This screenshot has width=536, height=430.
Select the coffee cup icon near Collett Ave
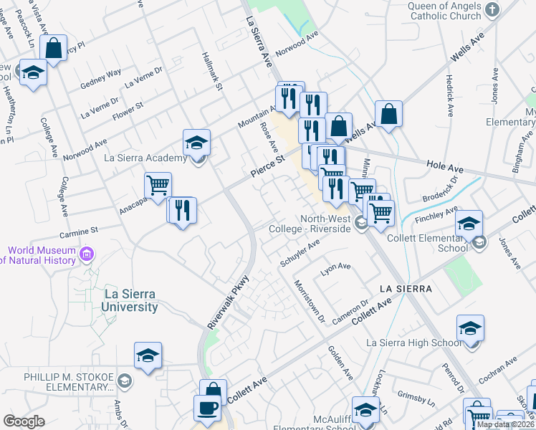point(207,407)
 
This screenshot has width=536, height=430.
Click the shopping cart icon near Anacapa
point(158,186)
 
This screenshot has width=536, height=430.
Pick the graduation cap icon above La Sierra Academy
point(196,141)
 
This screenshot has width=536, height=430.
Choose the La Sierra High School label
point(412,343)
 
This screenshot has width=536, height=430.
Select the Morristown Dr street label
point(310,300)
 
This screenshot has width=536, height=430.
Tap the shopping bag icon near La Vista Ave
point(54,48)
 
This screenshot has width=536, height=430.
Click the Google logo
point(24,421)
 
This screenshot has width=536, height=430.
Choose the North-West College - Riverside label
point(325,224)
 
